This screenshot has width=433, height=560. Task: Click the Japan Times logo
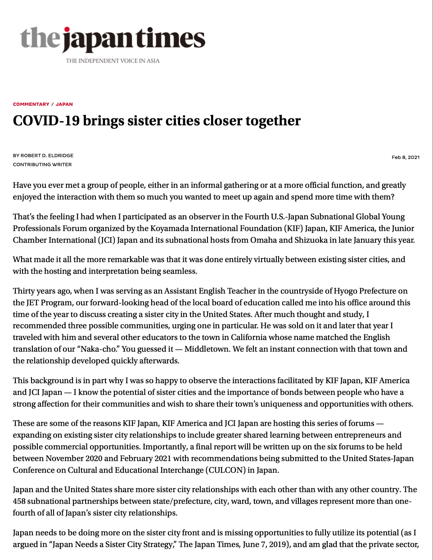113,40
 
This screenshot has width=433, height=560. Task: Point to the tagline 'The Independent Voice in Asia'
113,61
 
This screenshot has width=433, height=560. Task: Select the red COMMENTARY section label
31,104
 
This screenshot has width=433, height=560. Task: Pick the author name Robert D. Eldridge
47,155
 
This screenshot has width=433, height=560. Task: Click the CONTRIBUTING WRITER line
42,164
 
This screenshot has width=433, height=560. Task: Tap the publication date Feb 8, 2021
406,157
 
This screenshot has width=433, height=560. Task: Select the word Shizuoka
311,240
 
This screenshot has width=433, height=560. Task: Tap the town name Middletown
207,349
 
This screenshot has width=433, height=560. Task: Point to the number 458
20,501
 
